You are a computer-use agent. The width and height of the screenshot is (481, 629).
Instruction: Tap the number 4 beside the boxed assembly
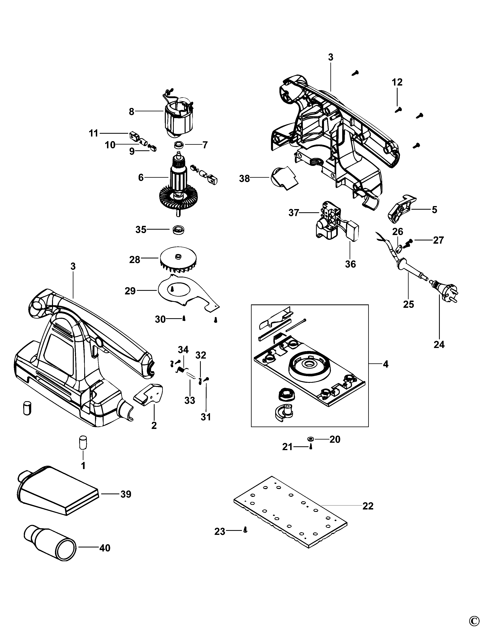385,364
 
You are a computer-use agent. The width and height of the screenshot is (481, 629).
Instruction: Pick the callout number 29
130,291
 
